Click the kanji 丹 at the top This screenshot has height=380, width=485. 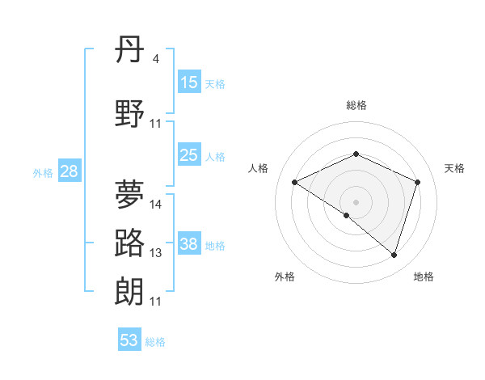[x=130, y=50]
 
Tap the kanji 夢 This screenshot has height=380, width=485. [x=130, y=194]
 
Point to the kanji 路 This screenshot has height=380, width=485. [x=130, y=243]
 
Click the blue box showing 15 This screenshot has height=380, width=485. [x=188, y=82]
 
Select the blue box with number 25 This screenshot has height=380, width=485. [x=188, y=156]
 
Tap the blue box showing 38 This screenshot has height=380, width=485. [x=188, y=245]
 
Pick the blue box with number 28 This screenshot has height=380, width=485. [x=69, y=172]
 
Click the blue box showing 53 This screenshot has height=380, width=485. [x=129, y=340]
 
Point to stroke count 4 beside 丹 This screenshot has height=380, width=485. [x=156, y=59]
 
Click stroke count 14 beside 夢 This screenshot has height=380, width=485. [x=156, y=205]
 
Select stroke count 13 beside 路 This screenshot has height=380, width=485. [x=156, y=253]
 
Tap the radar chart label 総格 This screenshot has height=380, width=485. [x=356, y=105]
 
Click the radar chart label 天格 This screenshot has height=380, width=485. [x=455, y=168]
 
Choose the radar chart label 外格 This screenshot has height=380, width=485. [x=285, y=277]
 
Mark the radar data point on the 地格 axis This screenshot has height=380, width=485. [x=394, y=255]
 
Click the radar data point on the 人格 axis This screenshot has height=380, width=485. [x=295, y=183]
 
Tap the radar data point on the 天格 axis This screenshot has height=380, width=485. [x=417, y=183]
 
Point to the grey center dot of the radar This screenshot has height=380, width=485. [x=356, y=201]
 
